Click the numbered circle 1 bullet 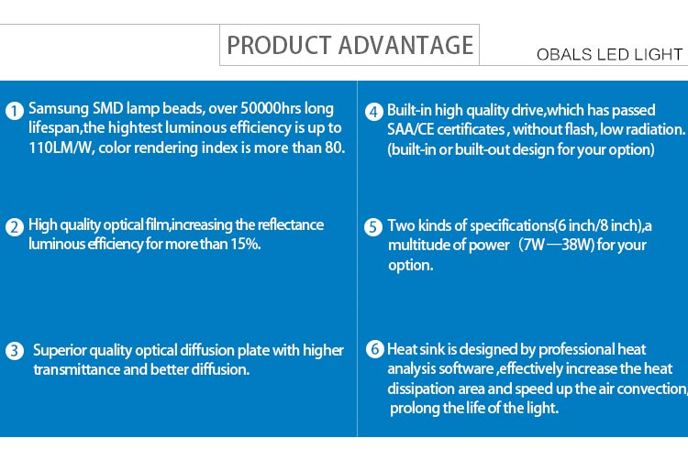[15, 111]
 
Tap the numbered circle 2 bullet [15, 227]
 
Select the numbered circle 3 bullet [15, 351]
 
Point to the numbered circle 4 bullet [374, 112]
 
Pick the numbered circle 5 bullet [373, 227]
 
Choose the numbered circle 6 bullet [375, 349]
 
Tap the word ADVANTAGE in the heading [405, 45]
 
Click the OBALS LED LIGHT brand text [609, 54]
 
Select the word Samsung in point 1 [59, 109]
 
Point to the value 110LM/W [61, 148]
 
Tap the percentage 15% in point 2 [246, 244]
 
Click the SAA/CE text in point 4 [411, 129]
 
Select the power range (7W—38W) [556, 245]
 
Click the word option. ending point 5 [410, 266]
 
